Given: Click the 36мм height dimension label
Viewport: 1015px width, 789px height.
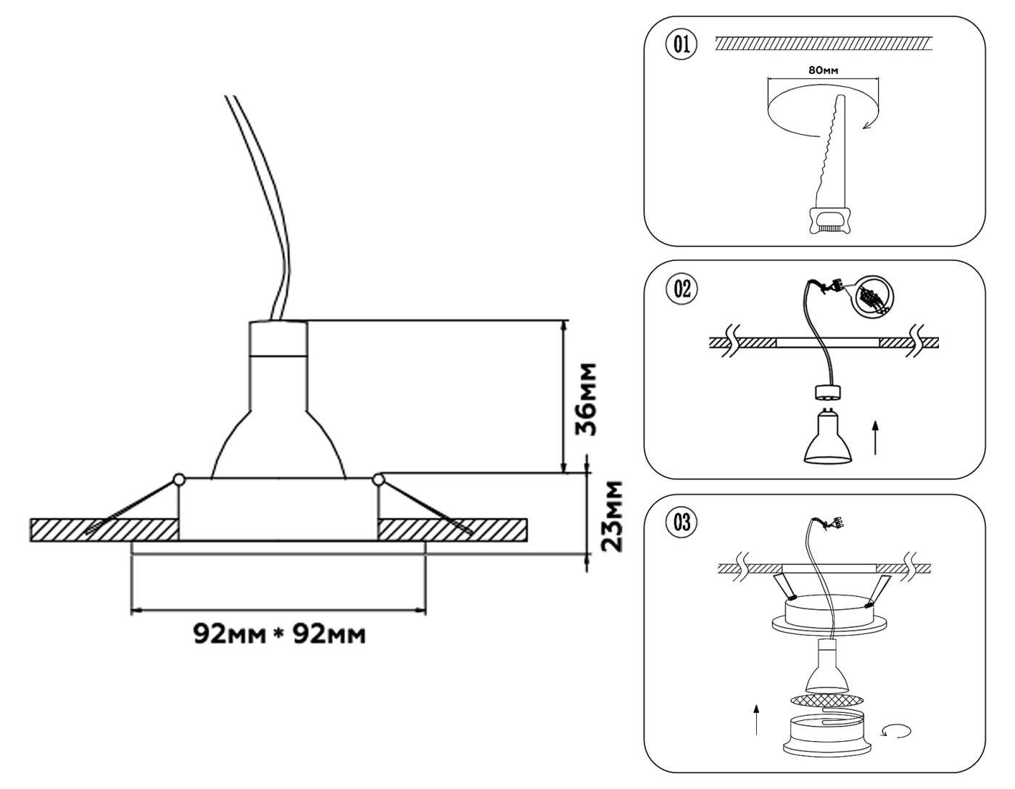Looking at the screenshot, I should click(x=586, y=398).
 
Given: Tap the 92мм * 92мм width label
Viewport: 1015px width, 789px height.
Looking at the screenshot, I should click(x=279, y=635).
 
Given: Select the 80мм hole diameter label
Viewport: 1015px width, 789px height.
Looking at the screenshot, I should click(x=823, y=70).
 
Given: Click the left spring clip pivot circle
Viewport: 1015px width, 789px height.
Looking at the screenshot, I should click(x=178, y=479).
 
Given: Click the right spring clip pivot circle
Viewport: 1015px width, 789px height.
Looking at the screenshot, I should click(x=378, y=479).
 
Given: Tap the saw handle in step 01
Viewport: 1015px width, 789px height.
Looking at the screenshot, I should click(x=829, y=220).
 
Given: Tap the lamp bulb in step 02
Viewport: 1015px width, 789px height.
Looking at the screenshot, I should click(x=826, y=437).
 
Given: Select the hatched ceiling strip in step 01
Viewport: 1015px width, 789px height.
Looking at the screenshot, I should click(x=822, y=44).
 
